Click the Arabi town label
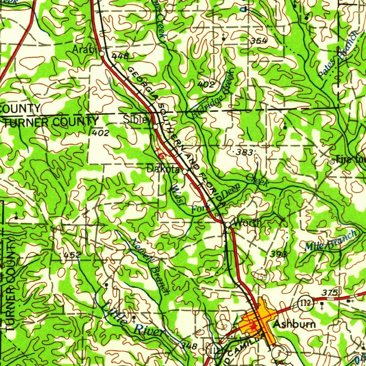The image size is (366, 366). click(x=84, y=50)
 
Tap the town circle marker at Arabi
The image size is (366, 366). click(x=102, y=54)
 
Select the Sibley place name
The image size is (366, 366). click(x=137, y=120)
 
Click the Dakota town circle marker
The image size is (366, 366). click(x=185, y=172)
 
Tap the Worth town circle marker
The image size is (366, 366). click(x=227, y=224)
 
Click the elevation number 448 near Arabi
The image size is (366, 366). click(x=120, y=56)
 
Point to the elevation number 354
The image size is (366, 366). click(x=258, y=41)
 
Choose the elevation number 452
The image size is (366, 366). click(x=72, y=255)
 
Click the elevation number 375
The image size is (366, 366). click(x=329, y=293)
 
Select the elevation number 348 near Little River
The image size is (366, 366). click(x=188, y=346)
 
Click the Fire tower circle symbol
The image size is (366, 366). click(x=332, y=162)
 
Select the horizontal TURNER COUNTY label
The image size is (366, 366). click(x=51, y=122)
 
